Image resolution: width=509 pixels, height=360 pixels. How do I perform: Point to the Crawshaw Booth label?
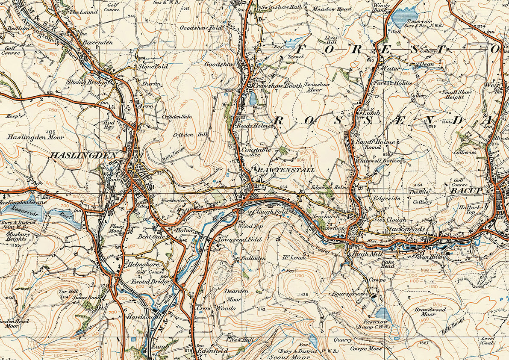(x=277, y=86)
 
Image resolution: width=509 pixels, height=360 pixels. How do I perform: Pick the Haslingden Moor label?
(x=35, y=138)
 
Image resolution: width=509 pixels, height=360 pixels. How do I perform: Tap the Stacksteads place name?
(x=405, y=230)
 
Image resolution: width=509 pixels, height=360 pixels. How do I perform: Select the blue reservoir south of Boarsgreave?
(x=382, y=313)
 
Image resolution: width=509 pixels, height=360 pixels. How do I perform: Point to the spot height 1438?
(x=303, y=295)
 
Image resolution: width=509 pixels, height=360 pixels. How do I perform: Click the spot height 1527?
(x=424, y=343)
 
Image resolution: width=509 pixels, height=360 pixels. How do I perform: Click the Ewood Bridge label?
(x=145, y=282)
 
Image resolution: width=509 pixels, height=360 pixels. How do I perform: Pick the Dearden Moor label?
(x=237, y=295)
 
